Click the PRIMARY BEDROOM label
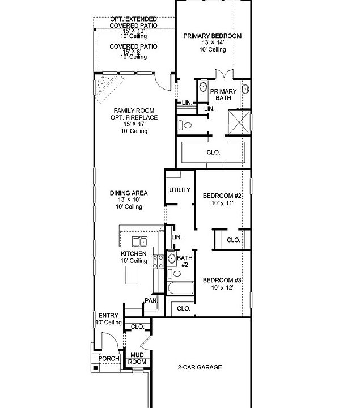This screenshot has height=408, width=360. click(213, 36)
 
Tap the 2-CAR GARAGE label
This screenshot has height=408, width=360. click(200, 367)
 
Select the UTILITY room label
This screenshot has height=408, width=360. click(180, 190)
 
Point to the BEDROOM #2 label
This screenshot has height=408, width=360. click(222, 195)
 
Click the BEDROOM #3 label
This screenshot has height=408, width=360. click(222, 280)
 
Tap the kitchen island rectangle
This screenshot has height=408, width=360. click(132, 275)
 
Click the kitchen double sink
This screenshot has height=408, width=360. click(139, 241)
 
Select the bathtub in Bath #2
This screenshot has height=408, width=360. click(181, 288)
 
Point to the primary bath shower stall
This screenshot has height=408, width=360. click(239, 122)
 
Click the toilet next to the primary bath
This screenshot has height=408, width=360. click(185, 125)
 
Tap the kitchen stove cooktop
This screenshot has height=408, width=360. click(158, 261)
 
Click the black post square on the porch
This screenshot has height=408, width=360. click(96, 368)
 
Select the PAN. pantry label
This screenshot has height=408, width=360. click(151, 301)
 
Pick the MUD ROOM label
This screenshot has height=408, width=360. click(137, 358)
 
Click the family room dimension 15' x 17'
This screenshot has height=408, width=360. click(134, 124)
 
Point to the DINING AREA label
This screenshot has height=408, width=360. click(129, 193)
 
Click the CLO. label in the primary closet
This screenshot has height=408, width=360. click(213, 152)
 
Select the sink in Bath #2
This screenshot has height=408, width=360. click(172, 258)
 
